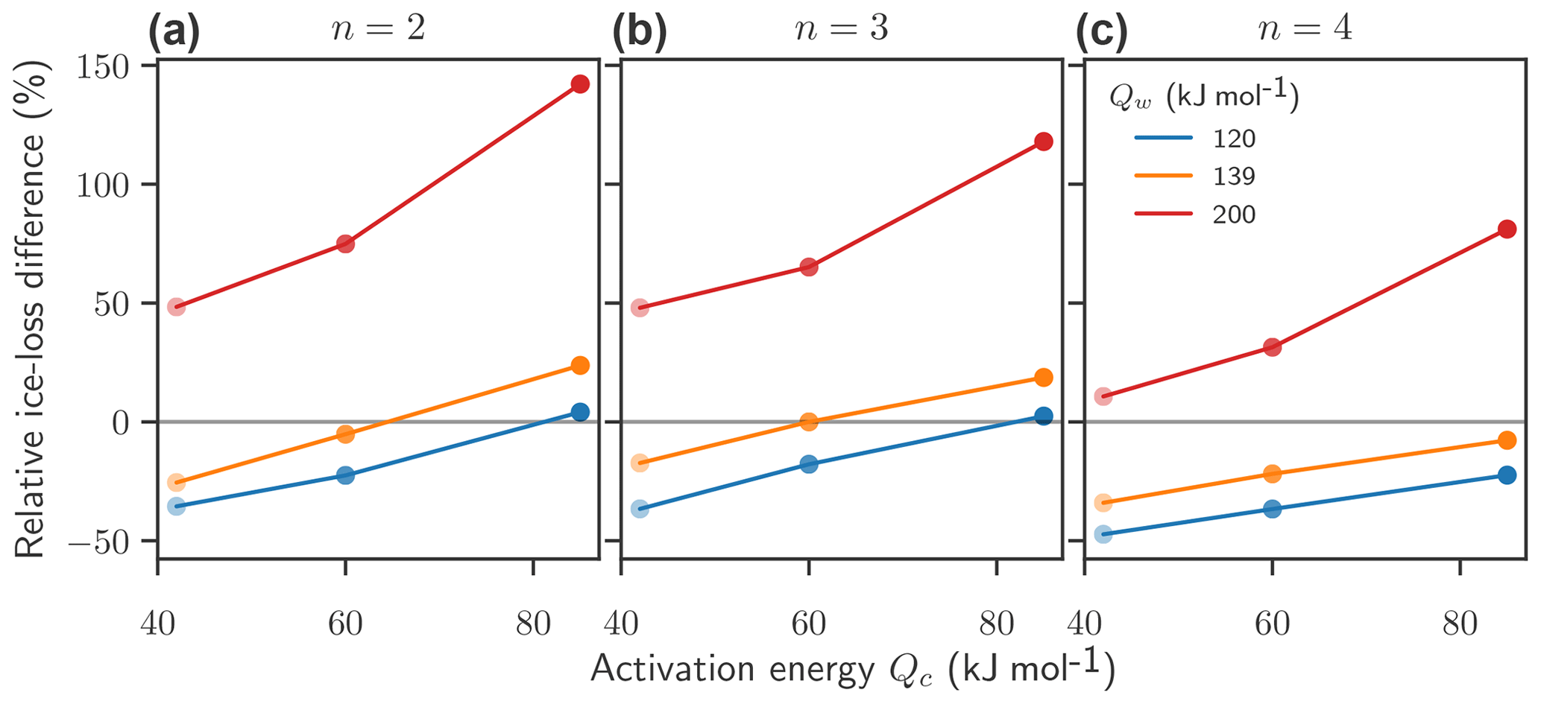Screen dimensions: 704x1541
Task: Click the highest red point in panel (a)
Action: click(x=580, y=84)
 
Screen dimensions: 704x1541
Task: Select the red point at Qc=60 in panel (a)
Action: click(x=345, y=244)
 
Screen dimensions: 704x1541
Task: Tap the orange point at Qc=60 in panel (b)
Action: click(x=809, y=422)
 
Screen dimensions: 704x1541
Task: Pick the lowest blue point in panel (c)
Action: click(x=1103, y=534)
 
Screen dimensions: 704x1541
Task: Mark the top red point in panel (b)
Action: click(x=1044, y=142)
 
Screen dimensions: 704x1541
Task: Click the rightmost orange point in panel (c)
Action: click(x=1507, y=440)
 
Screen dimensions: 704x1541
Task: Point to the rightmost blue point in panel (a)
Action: click(x=580, y=412)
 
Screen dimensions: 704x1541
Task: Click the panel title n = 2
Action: click(x=378, y=30)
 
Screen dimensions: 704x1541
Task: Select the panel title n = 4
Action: click(x=1305, y=30)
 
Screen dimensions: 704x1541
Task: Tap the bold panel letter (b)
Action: click(x=639, y=34)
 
